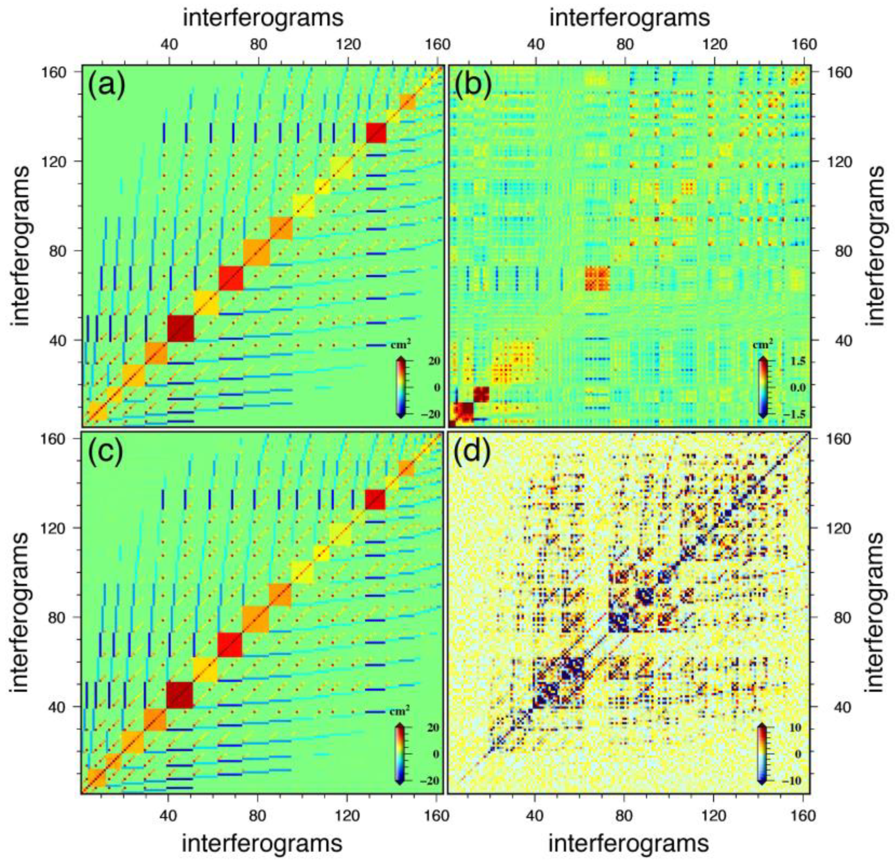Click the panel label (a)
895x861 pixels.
pyautogui.click(x=107, y=86)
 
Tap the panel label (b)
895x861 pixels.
pyautogui.click(x=473, y=86)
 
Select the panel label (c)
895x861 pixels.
pyautogui.click(x=106, y=452)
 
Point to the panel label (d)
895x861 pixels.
pyautogui.click(x=473, y=452)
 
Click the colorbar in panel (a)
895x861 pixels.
pyautogui.click(x=400, y=387)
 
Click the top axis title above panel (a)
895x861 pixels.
pyautogui.click(x=263, y=18)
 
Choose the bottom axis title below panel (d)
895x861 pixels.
pyautogui.click(x=628, y=843)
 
